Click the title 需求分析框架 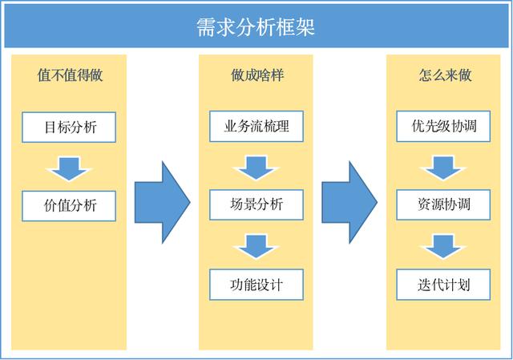click(256, 27)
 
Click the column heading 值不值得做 click(70, 76)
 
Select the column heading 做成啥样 click(256, 76)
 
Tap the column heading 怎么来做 click(445, 76)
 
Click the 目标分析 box click(70, 126)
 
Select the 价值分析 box click(70, 204)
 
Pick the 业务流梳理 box click(256, 126)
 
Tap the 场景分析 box click(256, 204)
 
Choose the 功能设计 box click(256, 284)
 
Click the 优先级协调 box click(443, 126)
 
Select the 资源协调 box click(443, 204)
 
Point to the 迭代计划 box click(443, 284)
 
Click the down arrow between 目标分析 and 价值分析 click(70, 166)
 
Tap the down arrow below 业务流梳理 click(256, 166)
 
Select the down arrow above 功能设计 click(256, 245)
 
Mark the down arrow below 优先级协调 click(443, 166)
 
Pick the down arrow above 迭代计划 click(443, 245)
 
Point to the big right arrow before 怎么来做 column click(349, 201)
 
